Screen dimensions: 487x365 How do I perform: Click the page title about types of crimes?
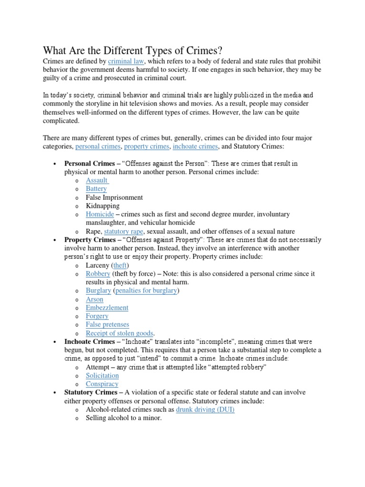[133, 50]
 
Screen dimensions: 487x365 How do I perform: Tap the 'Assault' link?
[96, 180]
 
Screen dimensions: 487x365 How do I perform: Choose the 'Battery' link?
[96, 189]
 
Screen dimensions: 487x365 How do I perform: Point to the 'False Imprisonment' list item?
[114, 197]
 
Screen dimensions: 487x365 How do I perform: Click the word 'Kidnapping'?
[103, 206]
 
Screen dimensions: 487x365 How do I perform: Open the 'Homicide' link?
[100, 214]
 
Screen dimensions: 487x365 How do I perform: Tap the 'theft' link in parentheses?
[120, 265]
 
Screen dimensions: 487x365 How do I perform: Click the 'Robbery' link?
[98, 274]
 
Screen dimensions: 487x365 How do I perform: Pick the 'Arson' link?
[94, 299]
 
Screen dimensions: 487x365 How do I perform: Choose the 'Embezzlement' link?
[107, 308]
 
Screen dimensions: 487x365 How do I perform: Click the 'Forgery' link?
[97, 316]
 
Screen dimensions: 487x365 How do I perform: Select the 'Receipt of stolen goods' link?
[120, 333]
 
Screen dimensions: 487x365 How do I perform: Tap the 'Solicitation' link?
[102, 376]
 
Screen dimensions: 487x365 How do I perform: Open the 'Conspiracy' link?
[102, 384]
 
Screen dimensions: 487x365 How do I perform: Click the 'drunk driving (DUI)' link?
[205, 409]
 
